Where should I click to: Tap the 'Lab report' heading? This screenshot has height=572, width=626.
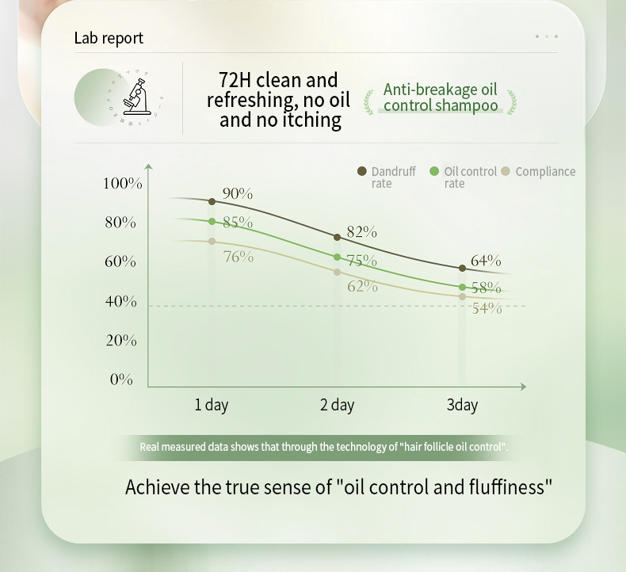coord(109,38)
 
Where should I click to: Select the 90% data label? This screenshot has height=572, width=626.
coord(237,194)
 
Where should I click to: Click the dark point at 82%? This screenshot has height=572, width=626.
coord(337,237)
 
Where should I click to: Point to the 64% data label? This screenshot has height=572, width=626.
coord(486,261)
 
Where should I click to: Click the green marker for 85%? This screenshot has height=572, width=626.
coord(212,222)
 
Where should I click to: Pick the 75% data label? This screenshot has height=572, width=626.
coord(361,261)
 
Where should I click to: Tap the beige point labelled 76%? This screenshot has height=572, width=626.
coord(212,241)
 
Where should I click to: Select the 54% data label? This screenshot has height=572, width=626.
coord(487,309)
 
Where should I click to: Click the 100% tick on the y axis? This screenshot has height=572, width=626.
coord(122,184)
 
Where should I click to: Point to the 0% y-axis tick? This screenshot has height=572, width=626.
coord(121,379)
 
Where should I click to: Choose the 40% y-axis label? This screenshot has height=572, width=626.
coord(120,302)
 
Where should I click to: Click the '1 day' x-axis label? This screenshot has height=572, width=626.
coord(212,405)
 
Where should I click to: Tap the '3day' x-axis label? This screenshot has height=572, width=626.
coord(462,405)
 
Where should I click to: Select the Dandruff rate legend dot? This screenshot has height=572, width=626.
coord(362,171)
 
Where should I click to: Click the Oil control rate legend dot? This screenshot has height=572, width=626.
coord(434,171)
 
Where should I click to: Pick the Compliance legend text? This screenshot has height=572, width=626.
coord(545,171)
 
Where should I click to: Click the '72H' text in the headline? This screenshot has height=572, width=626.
coord(236,80)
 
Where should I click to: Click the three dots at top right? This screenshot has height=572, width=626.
coord(547,36)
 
